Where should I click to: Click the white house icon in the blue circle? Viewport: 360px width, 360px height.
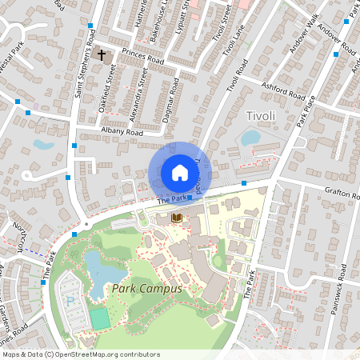pyautogui.click(x=179, y=173)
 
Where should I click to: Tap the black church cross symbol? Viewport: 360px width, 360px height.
pyautogui.click(x=102, y=55)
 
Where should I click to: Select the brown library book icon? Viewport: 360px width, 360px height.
pyautogui.click(x=177, y=218)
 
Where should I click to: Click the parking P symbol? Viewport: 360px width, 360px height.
pyautogui.click(x=70, y=302)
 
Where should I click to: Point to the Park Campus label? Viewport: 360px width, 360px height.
pyautogui.click(x=147, y=288)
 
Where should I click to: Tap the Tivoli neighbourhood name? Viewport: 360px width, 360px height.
pyautogui.click(x=261, y=116)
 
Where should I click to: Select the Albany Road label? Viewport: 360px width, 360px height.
pyautogui.click(x=122, y=131)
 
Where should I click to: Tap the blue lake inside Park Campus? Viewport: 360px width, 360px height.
pyautogui.click(x=103, y=273)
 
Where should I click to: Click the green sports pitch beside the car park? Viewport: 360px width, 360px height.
pyautogui.click(x=100, y=318)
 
